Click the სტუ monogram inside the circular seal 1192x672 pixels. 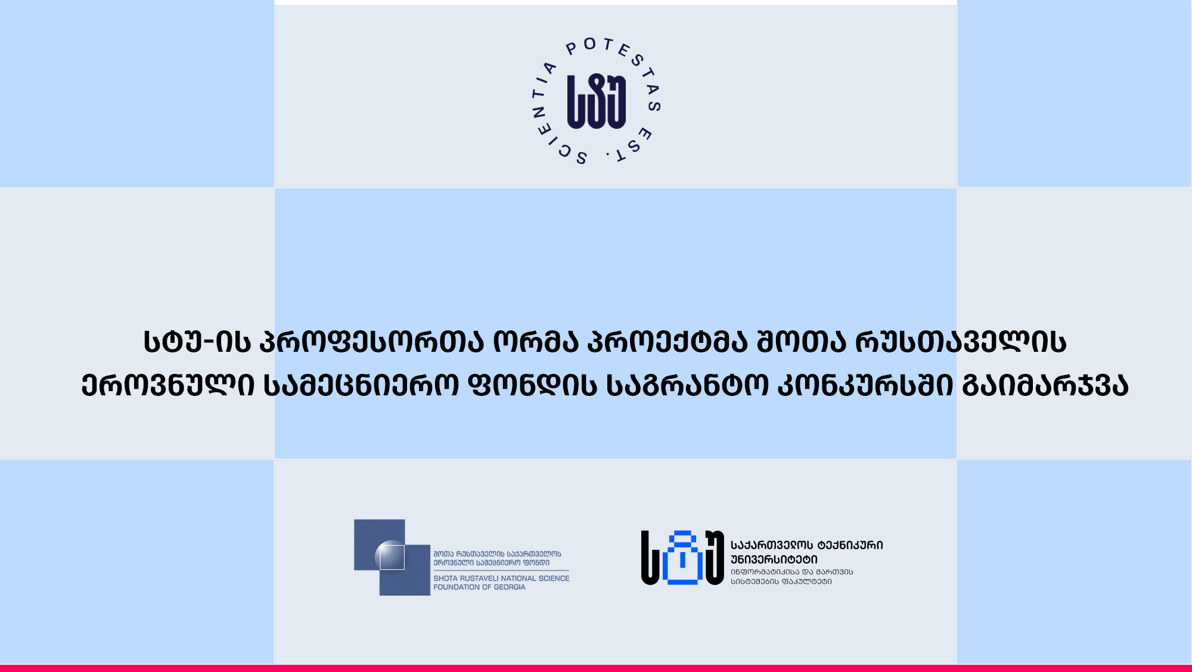[x=596, y=101]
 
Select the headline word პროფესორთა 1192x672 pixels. [x=371, y=342]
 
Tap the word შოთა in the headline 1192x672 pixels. [x=801, y=342]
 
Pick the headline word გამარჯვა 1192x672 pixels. [x=1045, y=385]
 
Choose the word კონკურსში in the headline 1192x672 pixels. [x=865, y=385]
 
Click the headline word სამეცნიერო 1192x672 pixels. [x=361, y=385]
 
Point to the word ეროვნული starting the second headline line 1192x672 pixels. [x=168, y=385]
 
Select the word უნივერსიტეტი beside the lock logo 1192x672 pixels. [x=774, y=559]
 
